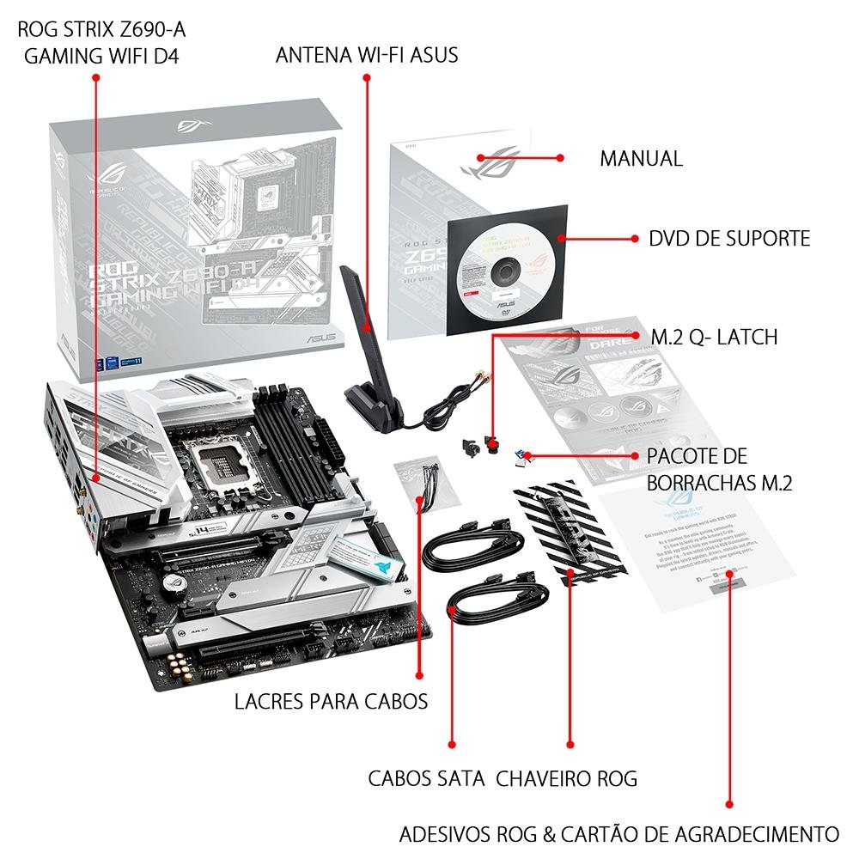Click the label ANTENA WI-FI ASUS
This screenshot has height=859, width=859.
tap(367, 55)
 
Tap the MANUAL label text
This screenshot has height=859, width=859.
tap(641, 159)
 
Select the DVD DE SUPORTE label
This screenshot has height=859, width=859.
tap(729, 238)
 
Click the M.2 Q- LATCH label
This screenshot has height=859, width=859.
tap(714, 337)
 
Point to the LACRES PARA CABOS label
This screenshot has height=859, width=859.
tap(331, 701)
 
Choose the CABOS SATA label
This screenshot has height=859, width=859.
tap(427, 778)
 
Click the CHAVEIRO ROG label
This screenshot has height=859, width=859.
tap(567, 778)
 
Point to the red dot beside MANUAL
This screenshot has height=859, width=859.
tap(559, 158)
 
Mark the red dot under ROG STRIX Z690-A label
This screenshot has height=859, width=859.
tap(95, 77)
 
